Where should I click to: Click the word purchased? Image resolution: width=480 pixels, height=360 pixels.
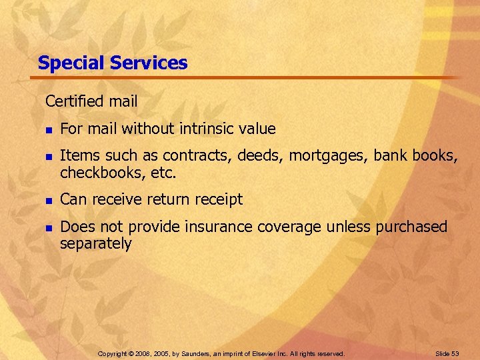pos(411,227)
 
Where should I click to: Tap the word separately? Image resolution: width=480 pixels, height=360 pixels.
pos(95,243)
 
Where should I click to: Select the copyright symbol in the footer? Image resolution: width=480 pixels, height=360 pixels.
pos(131,353)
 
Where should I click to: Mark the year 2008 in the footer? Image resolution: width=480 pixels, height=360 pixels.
pos(143,353)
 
